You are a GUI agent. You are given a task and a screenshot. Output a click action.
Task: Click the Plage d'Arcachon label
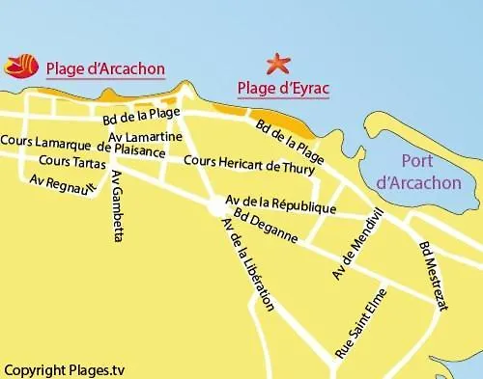[x=104, y=68]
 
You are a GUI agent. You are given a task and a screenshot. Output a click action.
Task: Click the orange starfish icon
[x=279, y=64]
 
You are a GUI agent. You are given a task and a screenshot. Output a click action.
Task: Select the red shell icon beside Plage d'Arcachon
[x=20, y=67]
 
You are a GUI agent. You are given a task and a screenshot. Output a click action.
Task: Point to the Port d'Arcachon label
[x=417, y=172]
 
